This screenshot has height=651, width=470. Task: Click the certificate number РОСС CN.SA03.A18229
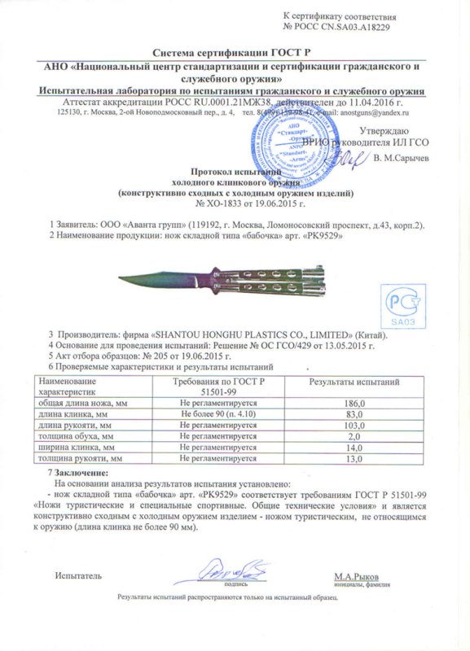click(352, 27)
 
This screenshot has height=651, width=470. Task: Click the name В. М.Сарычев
click(399, 157)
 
